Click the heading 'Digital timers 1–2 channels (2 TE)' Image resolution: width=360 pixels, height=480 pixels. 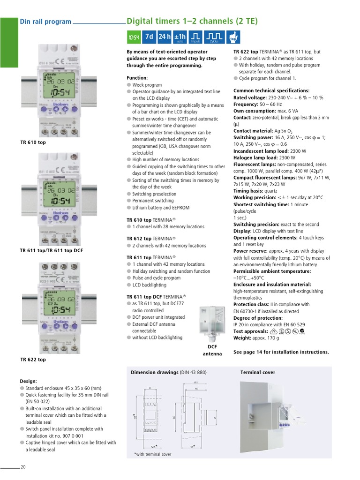(x=192, y=22)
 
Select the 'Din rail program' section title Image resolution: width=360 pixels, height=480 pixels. (x=45, y=22)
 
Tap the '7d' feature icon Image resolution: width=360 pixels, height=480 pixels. (x=149, y=37)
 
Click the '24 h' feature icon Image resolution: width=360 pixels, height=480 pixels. (x=165, y=37)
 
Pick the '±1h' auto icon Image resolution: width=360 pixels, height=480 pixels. (x=180, y=37)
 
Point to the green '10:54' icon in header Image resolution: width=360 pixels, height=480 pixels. (x=134, y=37)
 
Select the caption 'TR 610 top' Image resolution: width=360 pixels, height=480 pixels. (x=33, y=142)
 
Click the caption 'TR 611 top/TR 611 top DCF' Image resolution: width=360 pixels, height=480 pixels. (x=52, y=251)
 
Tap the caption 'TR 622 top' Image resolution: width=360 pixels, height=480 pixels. (x=33, y=360)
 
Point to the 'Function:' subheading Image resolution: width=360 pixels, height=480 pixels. (x=137, y=78)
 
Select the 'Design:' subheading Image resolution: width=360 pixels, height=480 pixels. (x=28, y=381)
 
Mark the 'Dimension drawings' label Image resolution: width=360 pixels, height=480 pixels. (x=155, y=373)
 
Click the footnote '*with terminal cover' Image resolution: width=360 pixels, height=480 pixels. (x=153, y=454)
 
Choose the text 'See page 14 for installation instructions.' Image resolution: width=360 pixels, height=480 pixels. (x=281, y=352)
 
